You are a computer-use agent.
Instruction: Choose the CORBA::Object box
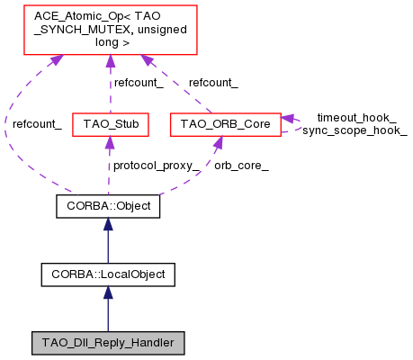[108, 206]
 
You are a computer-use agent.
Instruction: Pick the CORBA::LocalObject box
[108, 273]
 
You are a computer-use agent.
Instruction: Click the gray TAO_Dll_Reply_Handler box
[108, 343]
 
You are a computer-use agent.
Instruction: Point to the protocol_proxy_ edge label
[155, 165]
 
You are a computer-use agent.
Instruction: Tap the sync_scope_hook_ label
[355, 130]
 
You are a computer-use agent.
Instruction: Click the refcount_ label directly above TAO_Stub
[137, 83]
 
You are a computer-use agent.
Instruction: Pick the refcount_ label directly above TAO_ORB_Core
[213, 83]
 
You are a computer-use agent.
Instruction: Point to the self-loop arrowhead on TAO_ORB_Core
[287, 118]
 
